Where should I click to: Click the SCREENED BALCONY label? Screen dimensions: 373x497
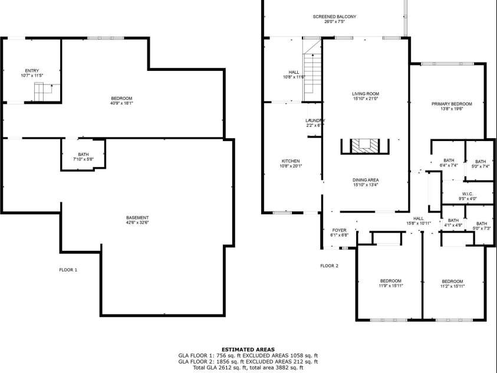point(334,17)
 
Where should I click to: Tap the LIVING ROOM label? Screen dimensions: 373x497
point(366,94)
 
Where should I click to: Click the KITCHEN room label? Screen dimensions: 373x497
point(290,161)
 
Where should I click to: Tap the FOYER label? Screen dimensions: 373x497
point(340,230)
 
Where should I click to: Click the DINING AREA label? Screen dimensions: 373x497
point(366,180)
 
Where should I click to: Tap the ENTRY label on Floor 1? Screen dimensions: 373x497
point(32,70)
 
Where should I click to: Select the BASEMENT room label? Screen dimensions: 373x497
point(137,218)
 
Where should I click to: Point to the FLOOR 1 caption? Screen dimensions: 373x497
point(68,270)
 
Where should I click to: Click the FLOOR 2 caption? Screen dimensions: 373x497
point(329,266)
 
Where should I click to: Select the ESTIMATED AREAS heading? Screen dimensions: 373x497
point(248,349)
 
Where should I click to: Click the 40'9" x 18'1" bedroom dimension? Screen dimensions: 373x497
point(121,103)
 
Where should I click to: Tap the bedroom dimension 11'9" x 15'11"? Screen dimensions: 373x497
point(390,286)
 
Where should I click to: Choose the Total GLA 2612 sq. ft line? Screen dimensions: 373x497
point(248,368)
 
